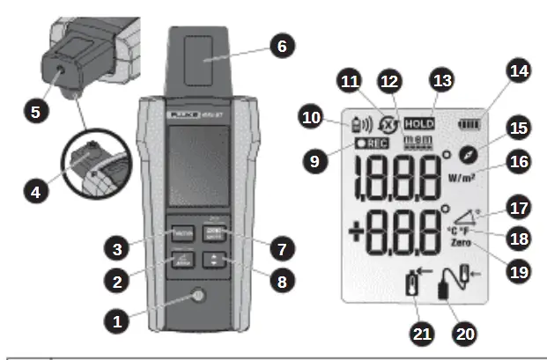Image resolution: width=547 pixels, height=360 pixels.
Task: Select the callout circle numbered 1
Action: coord(115,320)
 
